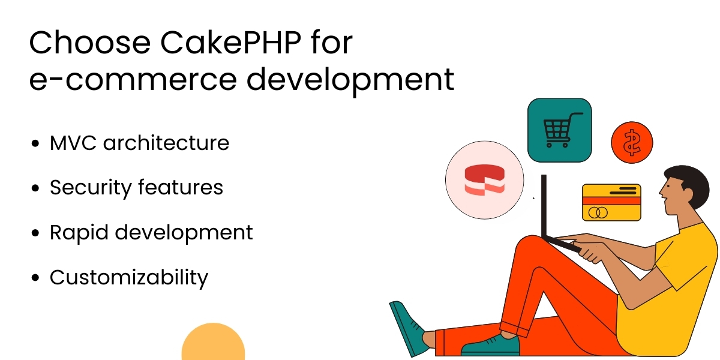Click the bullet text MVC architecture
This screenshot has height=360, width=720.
click(139, 143)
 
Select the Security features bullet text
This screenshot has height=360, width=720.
click(136, 188)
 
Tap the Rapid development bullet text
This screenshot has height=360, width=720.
click(151, 233)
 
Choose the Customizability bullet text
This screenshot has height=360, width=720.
click(128, 278)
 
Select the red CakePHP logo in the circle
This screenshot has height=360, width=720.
click(484, 179)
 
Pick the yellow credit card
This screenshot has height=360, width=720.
click(611, 202)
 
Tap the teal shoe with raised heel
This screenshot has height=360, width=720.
click(408, 327)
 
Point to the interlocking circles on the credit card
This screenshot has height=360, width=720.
click(598, 212)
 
